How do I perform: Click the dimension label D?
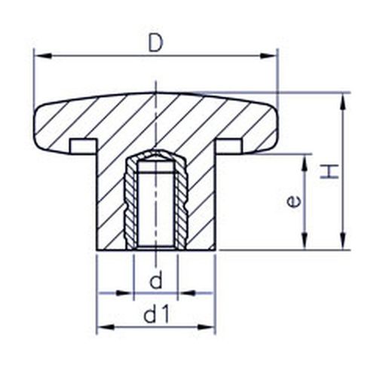click(156, 43)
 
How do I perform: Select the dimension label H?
click(329, 171)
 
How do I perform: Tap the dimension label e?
click(293, 202)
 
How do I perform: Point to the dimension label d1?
click(156, 315)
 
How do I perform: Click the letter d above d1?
click(156, 280)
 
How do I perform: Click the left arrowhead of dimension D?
click(43, 56)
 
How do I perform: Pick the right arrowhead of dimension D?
click(268, 56)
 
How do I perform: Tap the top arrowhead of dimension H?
click(343, 102)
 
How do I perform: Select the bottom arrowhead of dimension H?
click(343, 241)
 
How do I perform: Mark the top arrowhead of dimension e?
click(305, 164)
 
